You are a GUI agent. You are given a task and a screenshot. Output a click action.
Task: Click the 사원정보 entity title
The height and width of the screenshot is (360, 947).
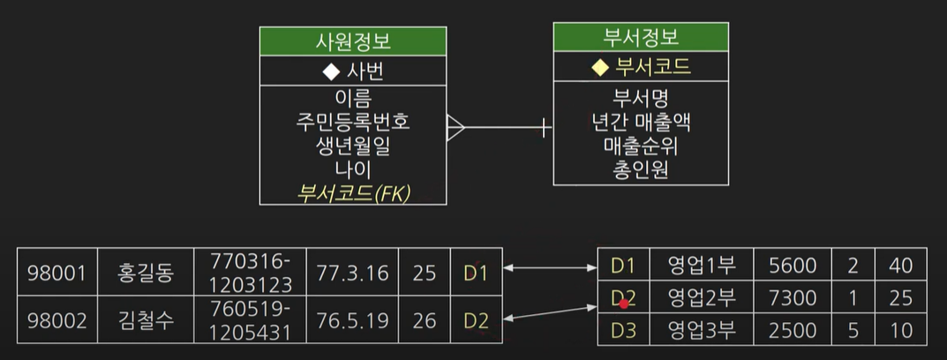coord(353,41)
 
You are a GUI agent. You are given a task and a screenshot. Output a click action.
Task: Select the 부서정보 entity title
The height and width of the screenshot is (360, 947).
coord(640,37)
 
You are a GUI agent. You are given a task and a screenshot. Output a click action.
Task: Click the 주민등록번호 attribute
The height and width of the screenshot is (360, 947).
coord(353,120)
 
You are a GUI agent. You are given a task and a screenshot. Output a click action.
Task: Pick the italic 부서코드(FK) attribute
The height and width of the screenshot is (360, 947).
coord(353,192)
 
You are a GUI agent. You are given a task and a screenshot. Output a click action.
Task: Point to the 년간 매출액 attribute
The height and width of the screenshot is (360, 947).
coord(641,120)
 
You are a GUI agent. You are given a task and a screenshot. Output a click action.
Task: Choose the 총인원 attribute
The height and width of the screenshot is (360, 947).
coord(641,168)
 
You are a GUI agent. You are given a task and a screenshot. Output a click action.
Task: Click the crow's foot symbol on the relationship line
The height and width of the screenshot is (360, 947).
coord(455,128)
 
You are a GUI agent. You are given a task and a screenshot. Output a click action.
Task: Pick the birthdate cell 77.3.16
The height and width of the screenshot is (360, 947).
coord(352,273)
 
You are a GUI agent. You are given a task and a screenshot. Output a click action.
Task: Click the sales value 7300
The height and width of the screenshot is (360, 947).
coord(793,298)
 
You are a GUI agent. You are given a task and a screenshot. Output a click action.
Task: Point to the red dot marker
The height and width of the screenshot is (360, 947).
coord(623,304)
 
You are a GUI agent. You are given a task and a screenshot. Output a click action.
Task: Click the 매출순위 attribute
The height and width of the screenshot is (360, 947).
coord(641,144)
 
